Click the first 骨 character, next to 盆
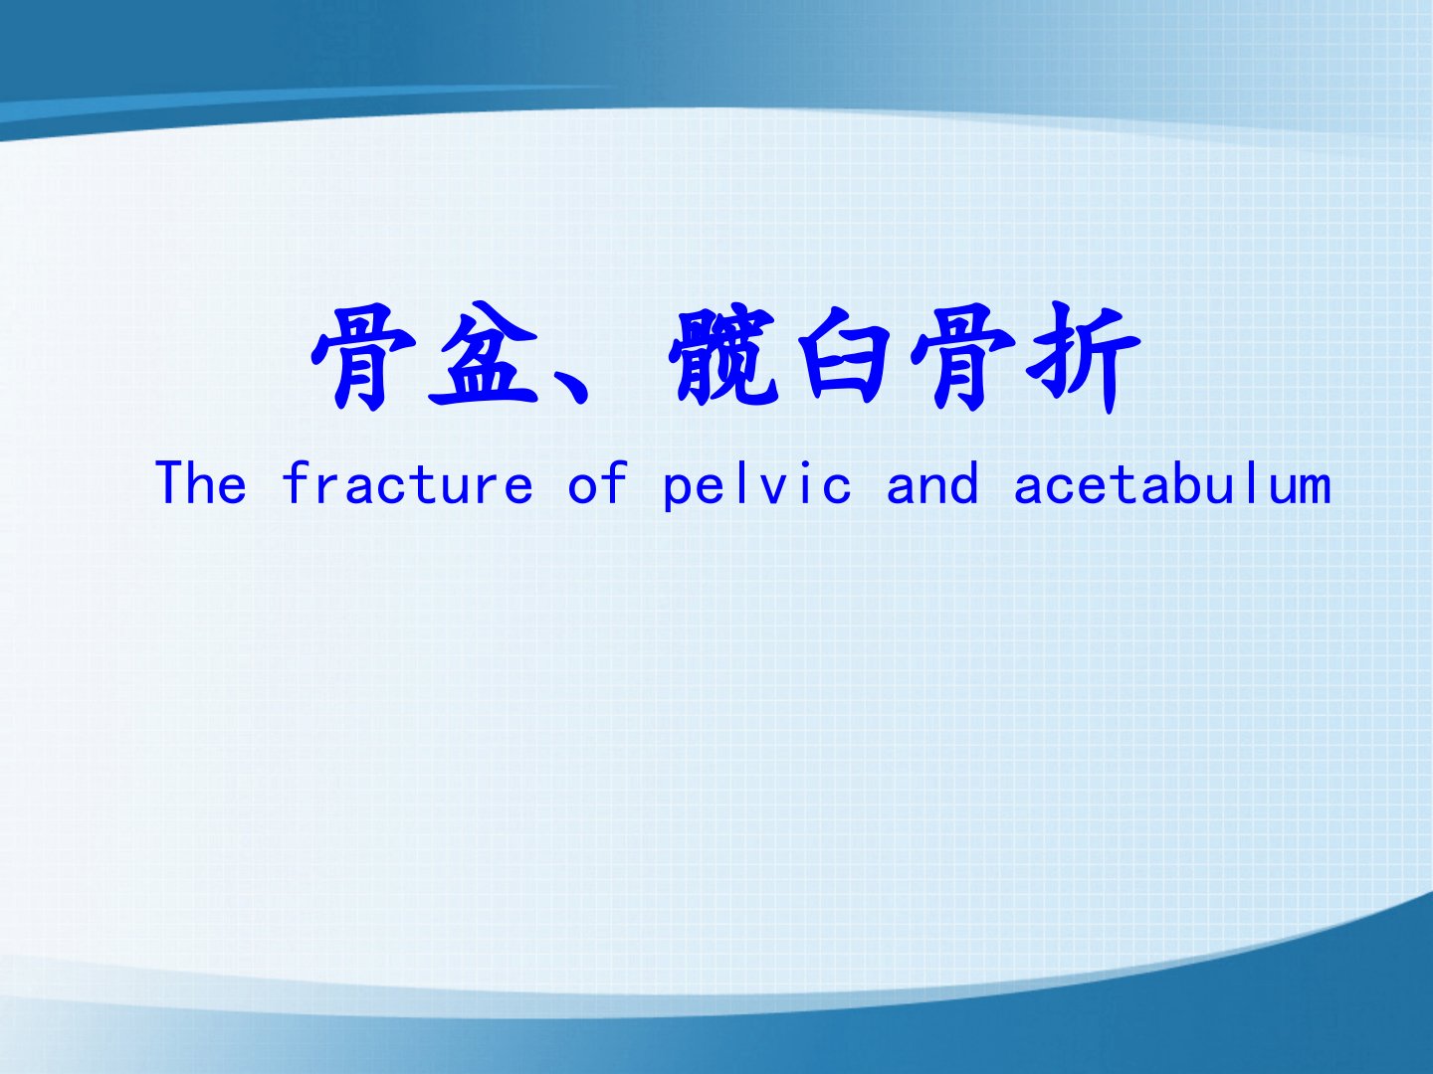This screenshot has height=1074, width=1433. [363, 357]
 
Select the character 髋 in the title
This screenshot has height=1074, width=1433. [724, 355]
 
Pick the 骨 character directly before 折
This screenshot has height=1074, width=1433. [962, 357]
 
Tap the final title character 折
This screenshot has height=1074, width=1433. [1083, 357]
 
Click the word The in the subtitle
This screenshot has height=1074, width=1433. [201, 482]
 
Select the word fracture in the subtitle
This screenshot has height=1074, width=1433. [407, 482]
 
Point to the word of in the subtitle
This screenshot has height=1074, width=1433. [598, 482]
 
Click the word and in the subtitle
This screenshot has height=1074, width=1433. [932, 482]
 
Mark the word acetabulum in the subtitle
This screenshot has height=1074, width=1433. [1172, 482]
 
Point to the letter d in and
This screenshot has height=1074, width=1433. [963, 482]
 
